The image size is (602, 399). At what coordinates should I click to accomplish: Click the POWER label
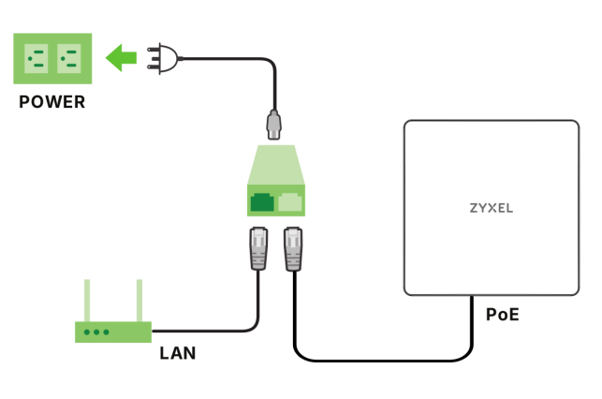tap(52, 102)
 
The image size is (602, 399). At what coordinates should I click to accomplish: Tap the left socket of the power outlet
tap(37, 58)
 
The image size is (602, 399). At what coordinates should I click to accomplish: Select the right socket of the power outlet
tap(69, 58)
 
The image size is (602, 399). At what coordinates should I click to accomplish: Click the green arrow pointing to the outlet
tap(122, 58)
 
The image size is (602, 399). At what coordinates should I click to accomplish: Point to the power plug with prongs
tap(163, 58)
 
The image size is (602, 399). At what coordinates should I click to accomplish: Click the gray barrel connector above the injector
tap(273, 125)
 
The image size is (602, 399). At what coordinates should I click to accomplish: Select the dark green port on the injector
tap(262, 202)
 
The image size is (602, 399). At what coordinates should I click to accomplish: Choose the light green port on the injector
tap(290, 202)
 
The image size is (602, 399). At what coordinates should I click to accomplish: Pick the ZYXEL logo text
tap(492, 208)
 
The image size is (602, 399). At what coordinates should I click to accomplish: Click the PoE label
tap(503, 315)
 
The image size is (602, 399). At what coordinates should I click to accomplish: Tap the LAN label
tap(178, 353)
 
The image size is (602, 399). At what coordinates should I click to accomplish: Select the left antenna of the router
tap(87, 301)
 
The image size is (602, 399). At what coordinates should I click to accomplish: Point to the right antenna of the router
tap(139, 301)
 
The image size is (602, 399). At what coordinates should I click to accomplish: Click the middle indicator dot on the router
tap(96, 332)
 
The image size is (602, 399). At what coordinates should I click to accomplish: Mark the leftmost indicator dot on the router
tap(87, 332)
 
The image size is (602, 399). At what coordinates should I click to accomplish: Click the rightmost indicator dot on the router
tap(107, 332)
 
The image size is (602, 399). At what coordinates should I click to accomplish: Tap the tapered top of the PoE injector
tap(276, 165)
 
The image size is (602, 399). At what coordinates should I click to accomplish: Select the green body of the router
tap(113, 332)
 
